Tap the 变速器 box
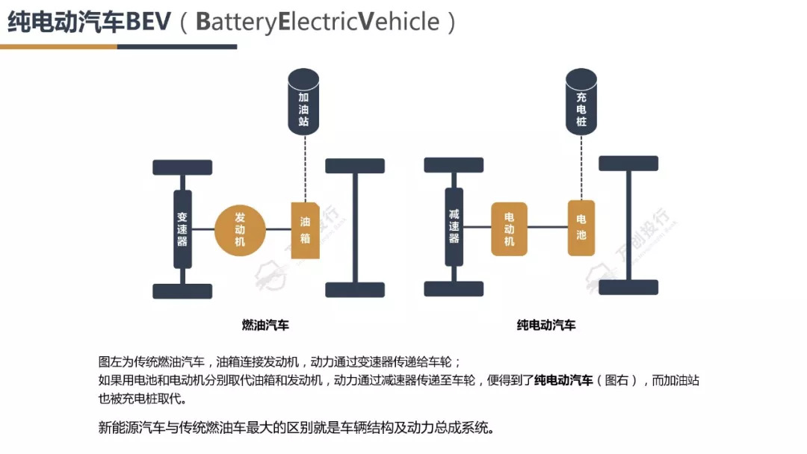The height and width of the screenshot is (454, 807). [182, 228]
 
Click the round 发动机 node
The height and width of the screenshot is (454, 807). [241, 228]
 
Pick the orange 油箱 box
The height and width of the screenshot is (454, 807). [305, 230]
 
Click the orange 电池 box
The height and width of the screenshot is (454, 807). [581, 228]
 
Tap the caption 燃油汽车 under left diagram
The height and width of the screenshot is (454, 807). [265, 325]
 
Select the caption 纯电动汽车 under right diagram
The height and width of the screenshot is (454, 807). [546, 325]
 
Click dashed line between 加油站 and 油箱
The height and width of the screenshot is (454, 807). [304, 168]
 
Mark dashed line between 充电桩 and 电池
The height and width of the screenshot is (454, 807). [581, 168]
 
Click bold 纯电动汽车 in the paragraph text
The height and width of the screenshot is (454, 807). [563, 380]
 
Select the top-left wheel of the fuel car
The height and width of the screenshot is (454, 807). [182, 167]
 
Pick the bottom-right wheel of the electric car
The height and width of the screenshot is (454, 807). [628, 287]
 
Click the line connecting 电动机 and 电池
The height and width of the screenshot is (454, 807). [547, 228]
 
